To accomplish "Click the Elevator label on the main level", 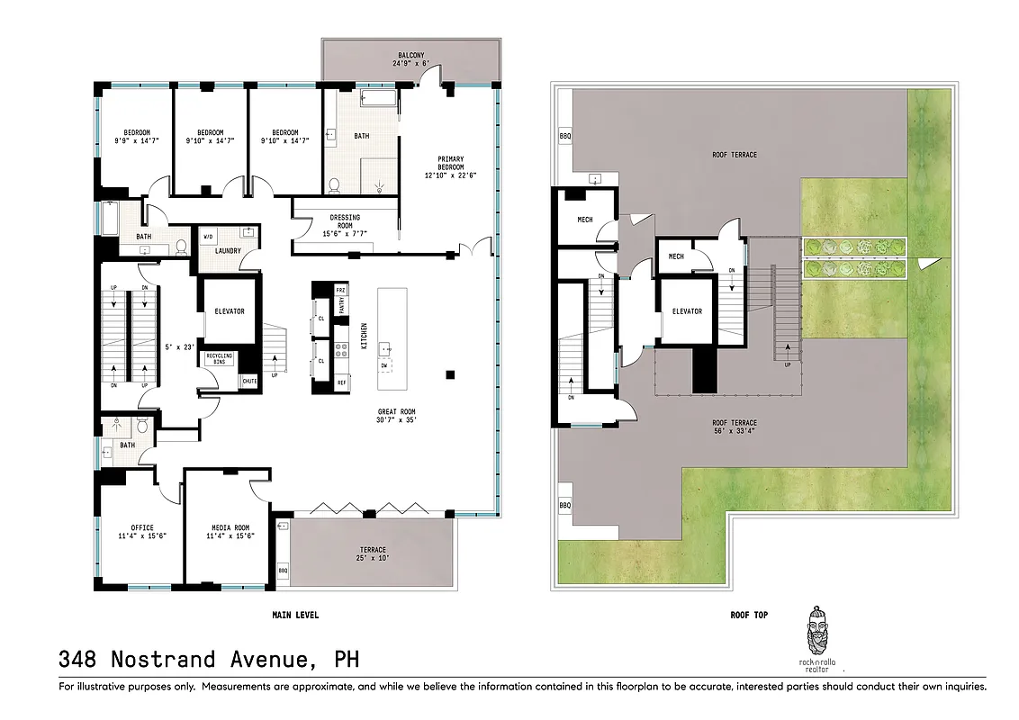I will [x=230, y=311].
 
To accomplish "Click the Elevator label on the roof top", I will [x=687, y=311].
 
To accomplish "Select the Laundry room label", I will [x=228, y=251].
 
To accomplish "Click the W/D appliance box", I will [x=208, y=237].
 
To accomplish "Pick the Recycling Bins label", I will [x=220, y=359].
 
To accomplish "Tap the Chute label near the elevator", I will [x=248, y=381].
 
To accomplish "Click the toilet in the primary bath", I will [x=334, y=185].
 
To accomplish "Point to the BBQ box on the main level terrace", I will [x=283, y=571].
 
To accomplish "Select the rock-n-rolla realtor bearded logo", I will [x=816, y=635].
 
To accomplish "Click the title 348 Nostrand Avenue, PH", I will [x=209, y=660].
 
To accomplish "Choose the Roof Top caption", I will [x=747, y=616].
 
